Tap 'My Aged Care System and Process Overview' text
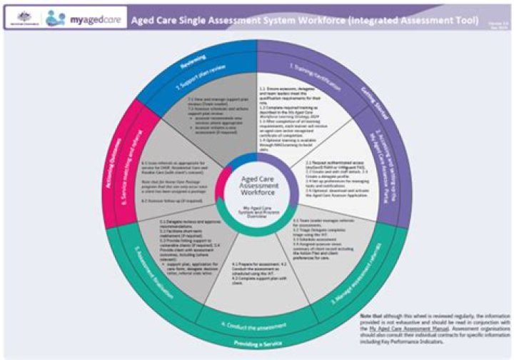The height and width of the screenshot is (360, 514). [256, 208]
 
